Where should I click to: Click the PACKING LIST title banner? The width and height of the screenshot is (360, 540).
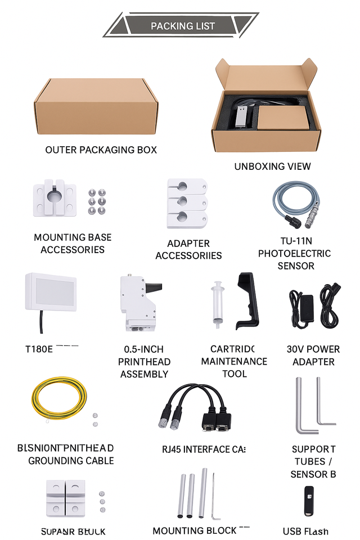click(x=182, y=26)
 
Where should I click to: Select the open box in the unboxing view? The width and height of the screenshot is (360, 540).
click(x=267, y=110)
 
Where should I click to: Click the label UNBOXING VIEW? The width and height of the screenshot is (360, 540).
click(x=272, y=166)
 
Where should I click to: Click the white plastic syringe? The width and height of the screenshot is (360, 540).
click(x=217, y=304)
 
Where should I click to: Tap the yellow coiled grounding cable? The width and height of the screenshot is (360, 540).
click(x=58, y=399)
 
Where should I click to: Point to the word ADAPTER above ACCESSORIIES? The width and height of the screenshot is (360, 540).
click(x=188, y=244)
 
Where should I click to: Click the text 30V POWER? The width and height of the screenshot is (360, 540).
click(x=313, y=349)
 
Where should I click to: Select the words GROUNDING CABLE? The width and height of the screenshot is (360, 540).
click(x=71, y=461)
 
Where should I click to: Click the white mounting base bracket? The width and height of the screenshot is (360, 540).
click(x=54, y=200)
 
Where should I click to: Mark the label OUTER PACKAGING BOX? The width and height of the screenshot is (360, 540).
click(x=101, y=150)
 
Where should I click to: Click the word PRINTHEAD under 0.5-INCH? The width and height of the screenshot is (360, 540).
click(x=145, y=362)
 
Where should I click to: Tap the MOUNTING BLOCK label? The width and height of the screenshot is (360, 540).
click(x=195, y=530)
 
